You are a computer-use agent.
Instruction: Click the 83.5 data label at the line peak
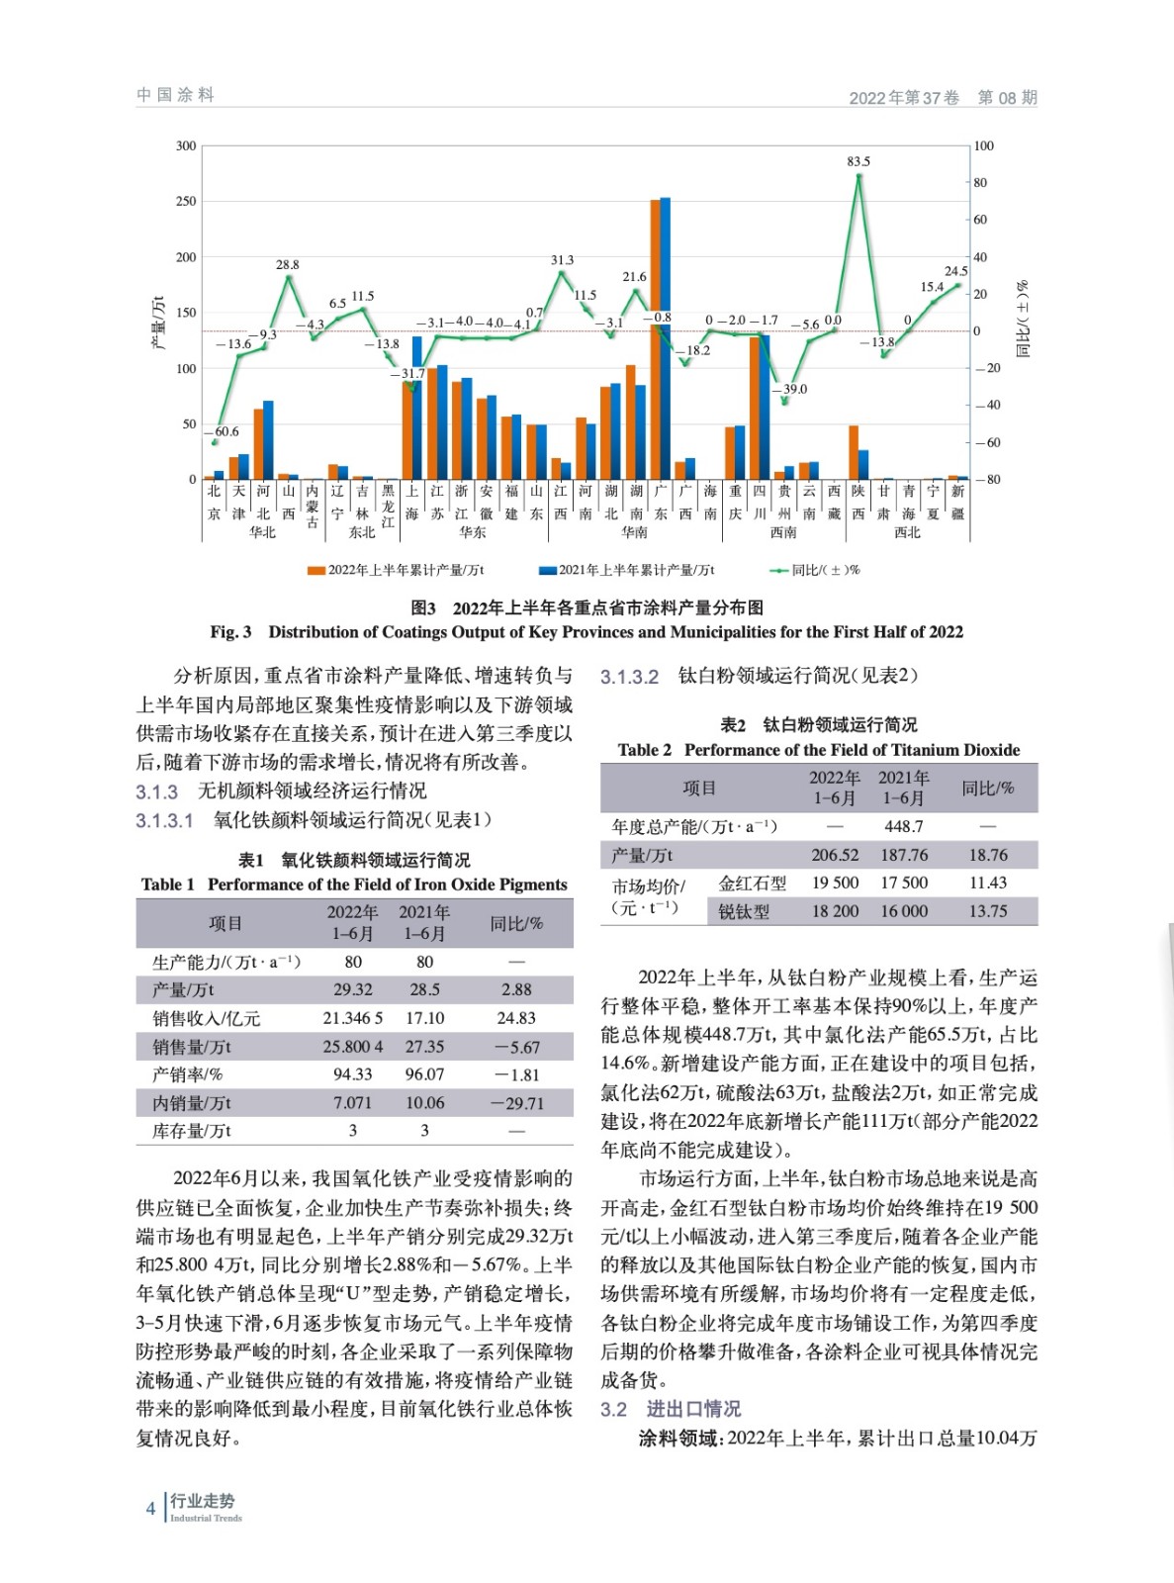pos(858,161)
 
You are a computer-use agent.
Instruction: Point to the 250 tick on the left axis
pos(186,202)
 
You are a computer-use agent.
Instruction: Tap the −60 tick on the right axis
pos(984,442)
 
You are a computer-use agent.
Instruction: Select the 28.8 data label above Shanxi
pos(287,265)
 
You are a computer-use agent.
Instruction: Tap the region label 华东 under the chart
pos(473,532)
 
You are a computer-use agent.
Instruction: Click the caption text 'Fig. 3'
pos(230,632)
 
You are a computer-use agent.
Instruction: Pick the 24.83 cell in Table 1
pos(516,1018)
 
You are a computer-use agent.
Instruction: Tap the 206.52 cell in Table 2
pos(835,855)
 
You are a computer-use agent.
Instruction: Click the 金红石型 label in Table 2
pos(753,884)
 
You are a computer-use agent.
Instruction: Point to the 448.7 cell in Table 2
pos(904,826)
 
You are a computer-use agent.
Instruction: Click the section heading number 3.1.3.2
pos(629,678)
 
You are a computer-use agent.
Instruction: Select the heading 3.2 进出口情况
pos(671,1409)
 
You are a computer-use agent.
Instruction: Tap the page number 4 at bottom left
pos(150,1509)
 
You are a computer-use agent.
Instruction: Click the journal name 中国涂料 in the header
pos(175,95)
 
